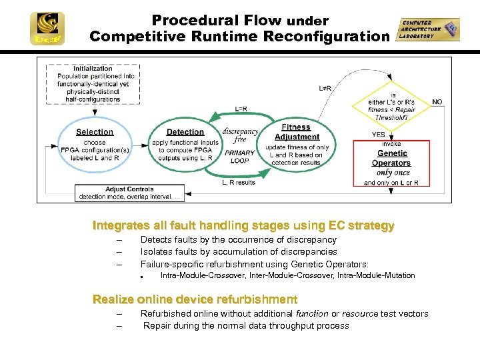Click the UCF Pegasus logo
click(x=47, y=28)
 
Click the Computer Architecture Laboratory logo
click(x=428, y=30)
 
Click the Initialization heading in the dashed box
click(x=93, y=69)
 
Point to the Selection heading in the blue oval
click(x=95, y=132)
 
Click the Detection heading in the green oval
click(x=185, y=132)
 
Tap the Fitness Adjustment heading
click(x=297, y=132)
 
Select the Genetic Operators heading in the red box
click(x=391, y=158)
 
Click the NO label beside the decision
click(x=437, y=102)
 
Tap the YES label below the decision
click(x=379, y=134)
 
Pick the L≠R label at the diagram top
click(x=326, y=87)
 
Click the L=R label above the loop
click(x=241, y=109)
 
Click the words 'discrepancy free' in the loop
click(x=240, y=135)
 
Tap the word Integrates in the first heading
click(x=120, y=226)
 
